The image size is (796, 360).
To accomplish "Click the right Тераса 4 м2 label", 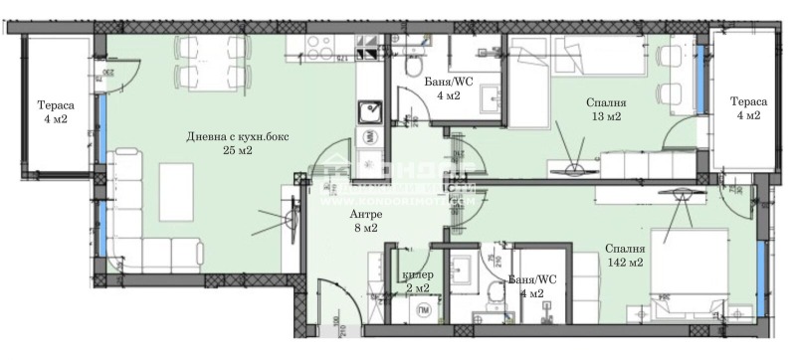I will [747, 108].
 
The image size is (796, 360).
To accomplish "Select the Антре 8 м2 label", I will [365, 221].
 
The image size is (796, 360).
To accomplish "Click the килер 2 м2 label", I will [416, 280].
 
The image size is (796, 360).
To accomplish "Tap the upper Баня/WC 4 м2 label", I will [440, 90].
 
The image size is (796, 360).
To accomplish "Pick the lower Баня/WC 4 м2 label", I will [524, 286].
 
